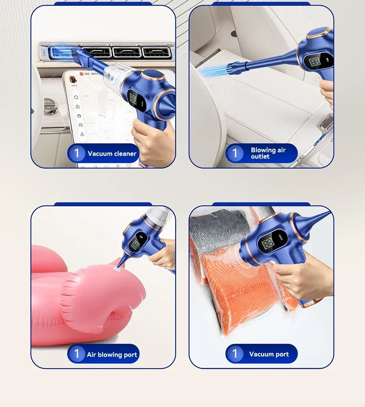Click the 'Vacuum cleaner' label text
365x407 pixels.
point(112,154)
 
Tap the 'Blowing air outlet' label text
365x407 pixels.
point(268,153)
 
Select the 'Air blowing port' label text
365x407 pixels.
point(112,354)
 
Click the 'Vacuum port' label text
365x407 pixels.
point(269,354)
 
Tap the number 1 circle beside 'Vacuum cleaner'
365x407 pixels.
point(77,153)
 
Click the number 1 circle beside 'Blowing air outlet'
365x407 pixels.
point(235,153)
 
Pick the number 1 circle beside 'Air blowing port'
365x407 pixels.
point(77,354)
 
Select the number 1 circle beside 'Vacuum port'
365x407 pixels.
point(235,354)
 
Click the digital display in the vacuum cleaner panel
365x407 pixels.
point(134,98)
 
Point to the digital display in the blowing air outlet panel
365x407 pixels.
point(315,62)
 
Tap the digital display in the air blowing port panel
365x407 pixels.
point(136,245)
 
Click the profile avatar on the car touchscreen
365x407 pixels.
point(73,79)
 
